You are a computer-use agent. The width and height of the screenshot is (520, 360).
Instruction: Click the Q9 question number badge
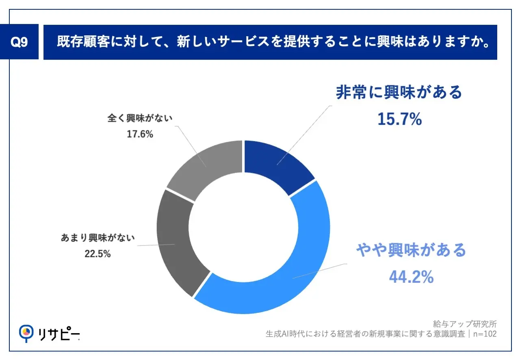click(19, 42)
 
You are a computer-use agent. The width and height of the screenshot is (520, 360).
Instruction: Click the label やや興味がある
click(411, 250)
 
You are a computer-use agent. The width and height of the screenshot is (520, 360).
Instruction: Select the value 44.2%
click(411, 277)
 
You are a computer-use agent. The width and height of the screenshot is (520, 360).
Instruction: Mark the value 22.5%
click(97, 254)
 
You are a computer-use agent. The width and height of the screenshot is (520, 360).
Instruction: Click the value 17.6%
click(140, 134)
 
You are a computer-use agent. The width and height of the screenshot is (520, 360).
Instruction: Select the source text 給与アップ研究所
click(465, 324)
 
